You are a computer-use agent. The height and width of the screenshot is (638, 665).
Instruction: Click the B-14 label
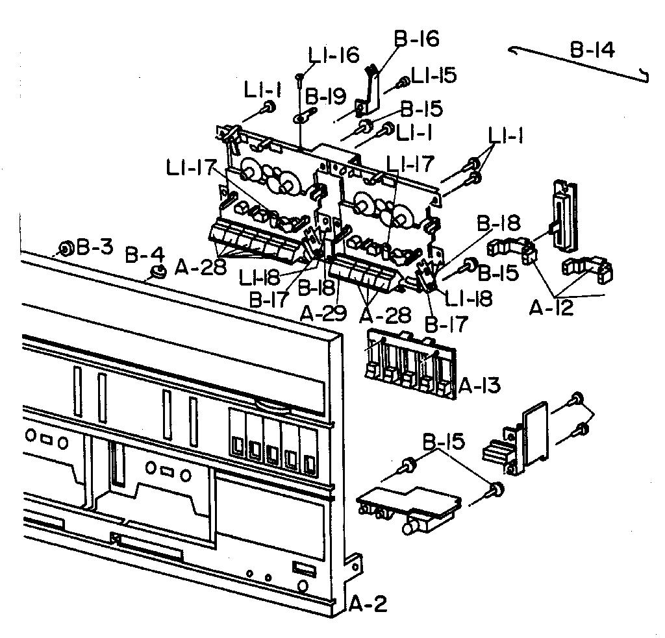coord(593,50)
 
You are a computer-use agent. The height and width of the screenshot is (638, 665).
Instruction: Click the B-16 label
coord(416,39)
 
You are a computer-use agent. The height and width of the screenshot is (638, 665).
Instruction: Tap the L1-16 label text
coord(334,56)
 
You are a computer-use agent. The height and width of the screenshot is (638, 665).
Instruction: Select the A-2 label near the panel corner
coord(368,605)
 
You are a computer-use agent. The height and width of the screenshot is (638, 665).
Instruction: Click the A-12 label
coord(552,308)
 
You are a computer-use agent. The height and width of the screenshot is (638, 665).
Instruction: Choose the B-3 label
coord(95,247)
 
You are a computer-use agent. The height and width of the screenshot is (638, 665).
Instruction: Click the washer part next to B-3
coord(66,248)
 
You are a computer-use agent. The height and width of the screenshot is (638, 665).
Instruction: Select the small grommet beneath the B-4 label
coord(156,272)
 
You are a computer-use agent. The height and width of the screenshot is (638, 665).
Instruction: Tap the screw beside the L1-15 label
coord(403,82)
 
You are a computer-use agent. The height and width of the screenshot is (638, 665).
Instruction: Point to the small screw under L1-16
coord(299,79)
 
